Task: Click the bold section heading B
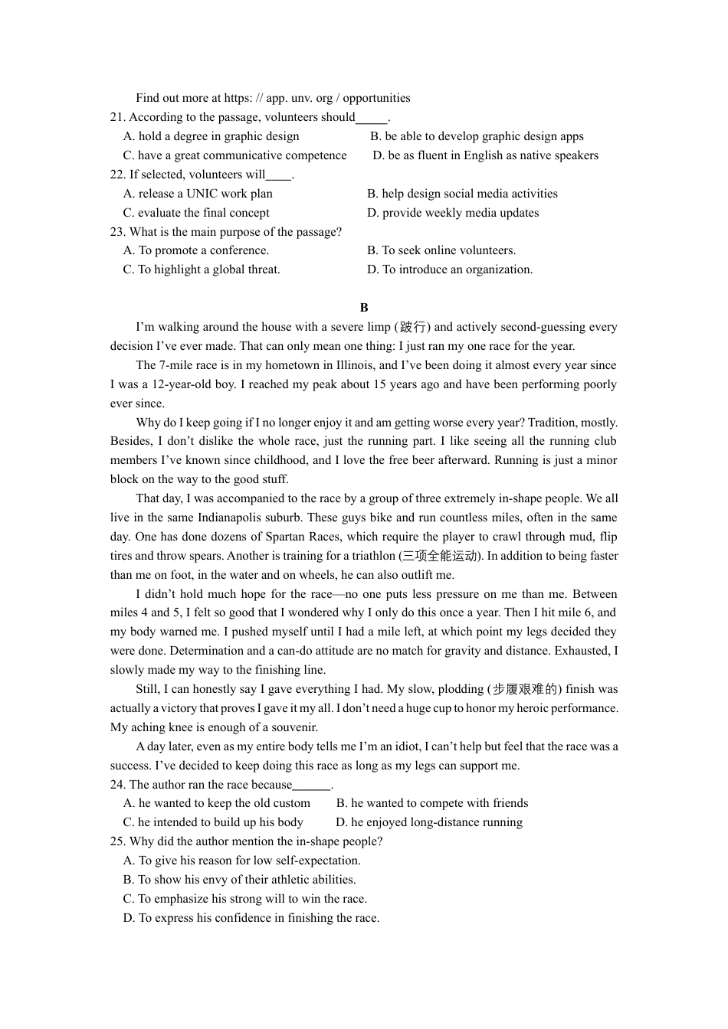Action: click(x=364, y=308)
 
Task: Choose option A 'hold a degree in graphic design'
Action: click(x=212, y=136)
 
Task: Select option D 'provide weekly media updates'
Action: click(x=453, y=213)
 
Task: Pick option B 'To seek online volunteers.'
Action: click(x=441, y=250)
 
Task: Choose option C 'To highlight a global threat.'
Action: click(x=202, y=269)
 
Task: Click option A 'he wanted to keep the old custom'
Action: click(x=217, y=803)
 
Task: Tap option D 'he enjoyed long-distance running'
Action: click(x=429, y=822)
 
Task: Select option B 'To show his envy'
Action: click(x=239, y=880)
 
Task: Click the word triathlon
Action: click(x=371, y=556)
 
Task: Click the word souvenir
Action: click(x=292, y=727)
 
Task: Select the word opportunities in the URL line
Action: click(x=376, y=98)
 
